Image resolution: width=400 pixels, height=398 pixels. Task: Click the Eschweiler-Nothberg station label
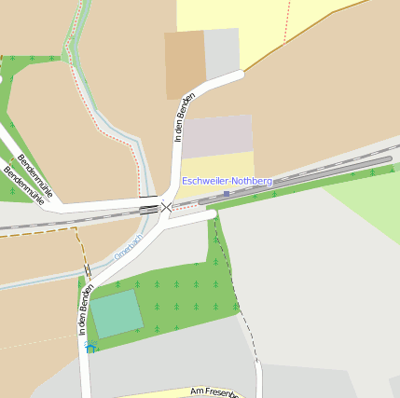pos(228,180)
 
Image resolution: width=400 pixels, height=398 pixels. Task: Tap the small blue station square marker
pos(227,193)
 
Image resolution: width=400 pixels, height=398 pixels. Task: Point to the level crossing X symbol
pos(166,206)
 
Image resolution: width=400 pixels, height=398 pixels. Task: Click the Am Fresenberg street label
pos(214,392)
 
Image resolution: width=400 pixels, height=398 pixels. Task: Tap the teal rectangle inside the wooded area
pos(117,313)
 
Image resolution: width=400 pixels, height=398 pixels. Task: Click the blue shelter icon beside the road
pos(90,349)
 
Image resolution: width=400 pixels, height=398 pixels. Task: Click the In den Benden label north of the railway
pos(186,117)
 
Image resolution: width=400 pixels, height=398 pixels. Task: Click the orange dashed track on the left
pos(37,229)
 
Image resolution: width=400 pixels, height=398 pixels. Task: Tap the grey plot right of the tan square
pos(222,52)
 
